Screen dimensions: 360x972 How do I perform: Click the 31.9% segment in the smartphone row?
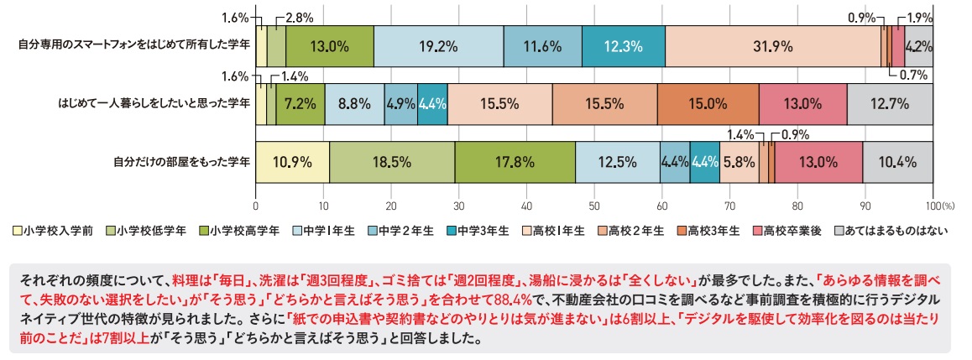[x=772, y=47]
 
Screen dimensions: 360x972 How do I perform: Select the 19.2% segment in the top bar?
[x=438, y=47]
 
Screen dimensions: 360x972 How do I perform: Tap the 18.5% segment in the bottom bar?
[x=392, y=162]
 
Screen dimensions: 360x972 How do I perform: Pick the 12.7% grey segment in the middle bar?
[x=890, y=105]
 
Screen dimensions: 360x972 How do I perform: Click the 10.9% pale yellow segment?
[x=292, y=162]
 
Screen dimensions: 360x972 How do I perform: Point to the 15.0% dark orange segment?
[x=708, y=105]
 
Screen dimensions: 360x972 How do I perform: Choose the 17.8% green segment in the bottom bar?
[x=515, y=162]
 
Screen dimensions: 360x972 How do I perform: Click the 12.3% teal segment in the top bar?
[x=623, y=47]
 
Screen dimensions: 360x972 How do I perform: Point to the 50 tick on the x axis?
[x=594, y=205]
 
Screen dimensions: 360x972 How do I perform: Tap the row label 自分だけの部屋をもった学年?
[x=180, y=162]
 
